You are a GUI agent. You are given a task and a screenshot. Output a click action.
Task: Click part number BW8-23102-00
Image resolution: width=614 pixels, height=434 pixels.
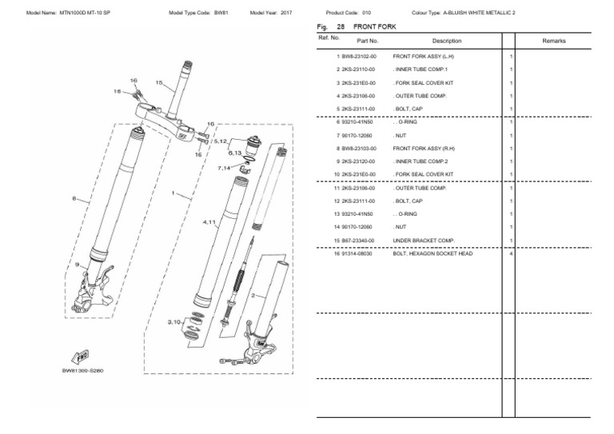358,58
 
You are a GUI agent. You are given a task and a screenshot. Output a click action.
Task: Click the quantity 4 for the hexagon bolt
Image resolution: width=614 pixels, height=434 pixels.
510,253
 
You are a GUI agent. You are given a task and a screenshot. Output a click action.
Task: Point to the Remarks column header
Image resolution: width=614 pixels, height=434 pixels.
553,39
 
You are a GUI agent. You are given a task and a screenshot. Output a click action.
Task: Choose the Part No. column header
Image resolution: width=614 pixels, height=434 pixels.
368,40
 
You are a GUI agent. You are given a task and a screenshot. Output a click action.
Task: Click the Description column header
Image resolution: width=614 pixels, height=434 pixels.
446,40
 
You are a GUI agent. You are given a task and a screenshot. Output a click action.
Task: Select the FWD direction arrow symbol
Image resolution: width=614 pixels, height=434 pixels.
81,358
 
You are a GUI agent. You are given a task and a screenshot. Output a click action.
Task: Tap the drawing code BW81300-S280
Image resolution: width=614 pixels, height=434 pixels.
82,372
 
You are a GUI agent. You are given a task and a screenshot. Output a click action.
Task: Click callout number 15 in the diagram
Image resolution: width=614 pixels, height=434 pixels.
158,82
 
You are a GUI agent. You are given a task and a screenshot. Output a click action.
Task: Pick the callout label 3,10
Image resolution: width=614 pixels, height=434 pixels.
174,321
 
